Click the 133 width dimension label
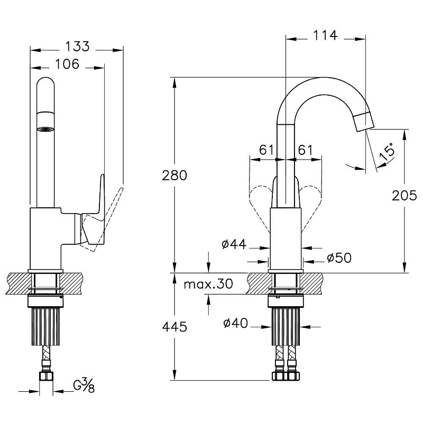pyautogui.click(x=77, y=45)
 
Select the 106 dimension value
pyautogui.click(x=67, y=64)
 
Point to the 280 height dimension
pyautogui.click(x=174, y=175)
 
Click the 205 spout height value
pyautogui.click(x=404, y=196)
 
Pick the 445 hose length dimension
pyautogui.click(x=174, y=327)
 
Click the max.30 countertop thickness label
pyautogui.click(x=208, y=284)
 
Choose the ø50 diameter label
pyautogui.click(x=339, y=258)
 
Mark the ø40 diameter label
pyautogui.click(x=235, y=324)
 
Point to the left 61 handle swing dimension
pyautogui.click(x=266, y=150)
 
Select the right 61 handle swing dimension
pyautogui.click(x=305, y=150)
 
